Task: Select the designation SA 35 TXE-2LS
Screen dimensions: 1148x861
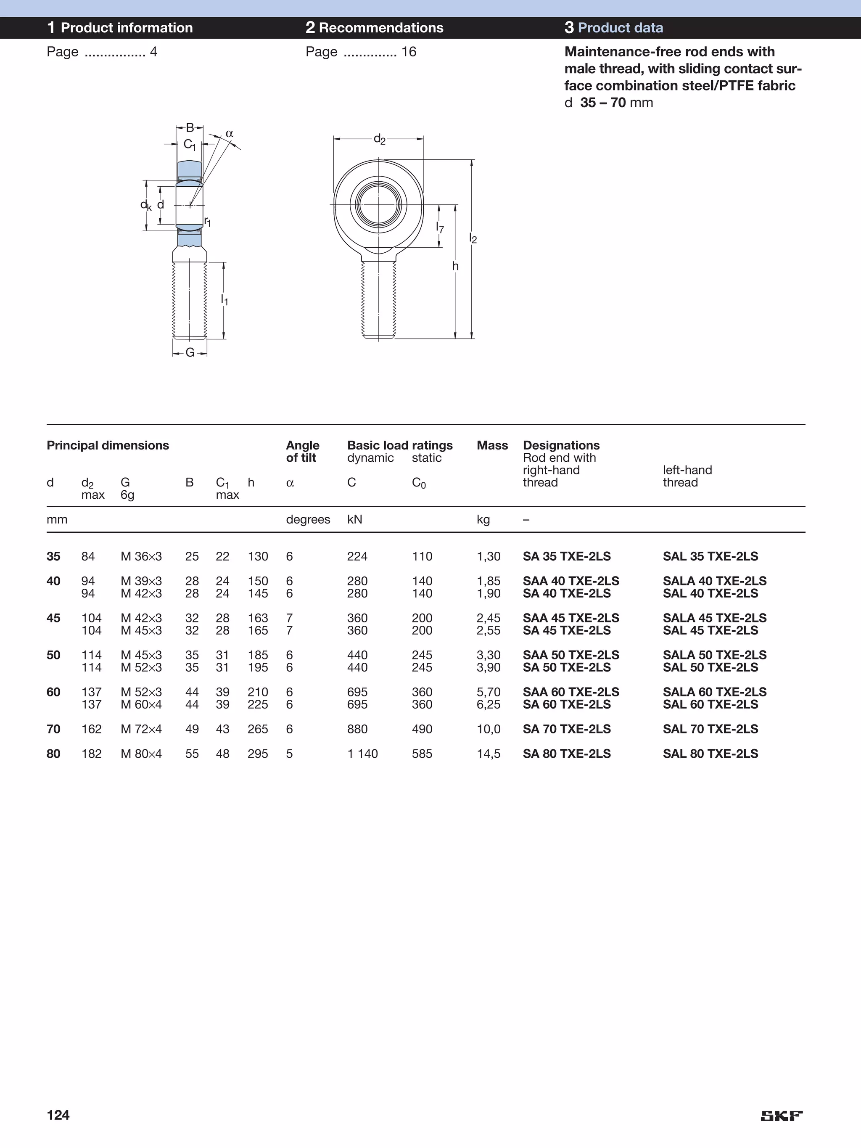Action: point(566,556)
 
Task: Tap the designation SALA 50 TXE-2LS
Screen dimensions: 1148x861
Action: point(714,655)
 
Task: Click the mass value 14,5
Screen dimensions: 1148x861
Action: point(489,754)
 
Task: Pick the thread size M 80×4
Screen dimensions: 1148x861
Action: point(141,754)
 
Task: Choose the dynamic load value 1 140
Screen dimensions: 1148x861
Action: point(362,754)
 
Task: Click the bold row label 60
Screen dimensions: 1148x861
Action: point(53,692)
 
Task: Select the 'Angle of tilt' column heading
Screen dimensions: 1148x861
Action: point(303,452)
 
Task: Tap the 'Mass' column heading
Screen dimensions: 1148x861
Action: point(492,445)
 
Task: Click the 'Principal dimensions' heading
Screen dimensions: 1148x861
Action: point(108,445)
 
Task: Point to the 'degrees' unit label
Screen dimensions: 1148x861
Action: point(308,519)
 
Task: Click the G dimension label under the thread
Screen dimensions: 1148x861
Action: point(190,352)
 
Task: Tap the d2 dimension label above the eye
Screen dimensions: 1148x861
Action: point(379,139)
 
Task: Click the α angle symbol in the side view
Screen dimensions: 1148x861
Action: point(230,134)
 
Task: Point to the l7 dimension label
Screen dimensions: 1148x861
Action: point(440,227)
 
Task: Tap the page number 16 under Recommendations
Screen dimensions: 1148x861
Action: point(409,52)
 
